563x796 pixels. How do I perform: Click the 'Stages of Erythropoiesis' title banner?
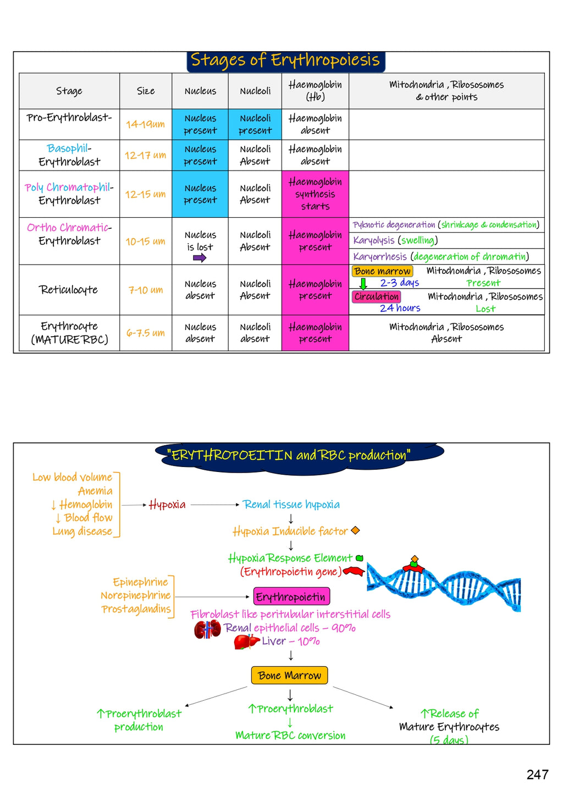285,61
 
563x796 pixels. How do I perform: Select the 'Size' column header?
146,91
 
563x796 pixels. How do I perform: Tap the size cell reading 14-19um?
146,124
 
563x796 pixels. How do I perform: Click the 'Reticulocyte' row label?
69,290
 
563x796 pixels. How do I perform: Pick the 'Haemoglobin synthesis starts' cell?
315,194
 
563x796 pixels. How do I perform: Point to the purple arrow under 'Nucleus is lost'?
200,258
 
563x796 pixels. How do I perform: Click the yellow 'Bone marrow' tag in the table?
382,271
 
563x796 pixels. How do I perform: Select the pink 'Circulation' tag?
377,297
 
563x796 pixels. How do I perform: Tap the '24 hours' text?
400,309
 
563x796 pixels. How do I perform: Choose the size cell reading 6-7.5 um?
146,333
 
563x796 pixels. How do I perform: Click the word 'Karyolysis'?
374,240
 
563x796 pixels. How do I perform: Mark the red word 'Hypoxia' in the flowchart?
167,505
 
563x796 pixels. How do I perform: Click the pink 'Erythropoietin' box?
291,597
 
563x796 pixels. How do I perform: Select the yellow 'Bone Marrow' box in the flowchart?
289,676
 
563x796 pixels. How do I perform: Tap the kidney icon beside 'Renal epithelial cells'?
207,629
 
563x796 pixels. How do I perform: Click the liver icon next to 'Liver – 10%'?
246,642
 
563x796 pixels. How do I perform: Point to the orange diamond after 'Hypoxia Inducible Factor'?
355,530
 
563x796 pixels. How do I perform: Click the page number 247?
537,775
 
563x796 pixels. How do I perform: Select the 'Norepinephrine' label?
136,596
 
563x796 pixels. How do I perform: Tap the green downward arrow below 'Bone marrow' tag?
363,284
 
